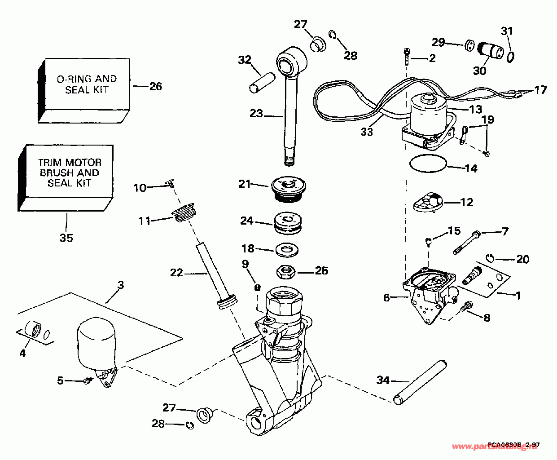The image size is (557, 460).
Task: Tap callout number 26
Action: (155, 86)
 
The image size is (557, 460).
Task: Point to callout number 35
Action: (66, 238)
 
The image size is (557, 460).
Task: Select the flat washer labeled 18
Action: (287, 249)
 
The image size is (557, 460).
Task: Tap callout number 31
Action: (507, 31)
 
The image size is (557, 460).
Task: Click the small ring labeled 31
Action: (510, 57)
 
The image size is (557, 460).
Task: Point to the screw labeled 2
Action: (406, 56)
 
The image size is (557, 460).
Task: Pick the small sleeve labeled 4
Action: (32, 329)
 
